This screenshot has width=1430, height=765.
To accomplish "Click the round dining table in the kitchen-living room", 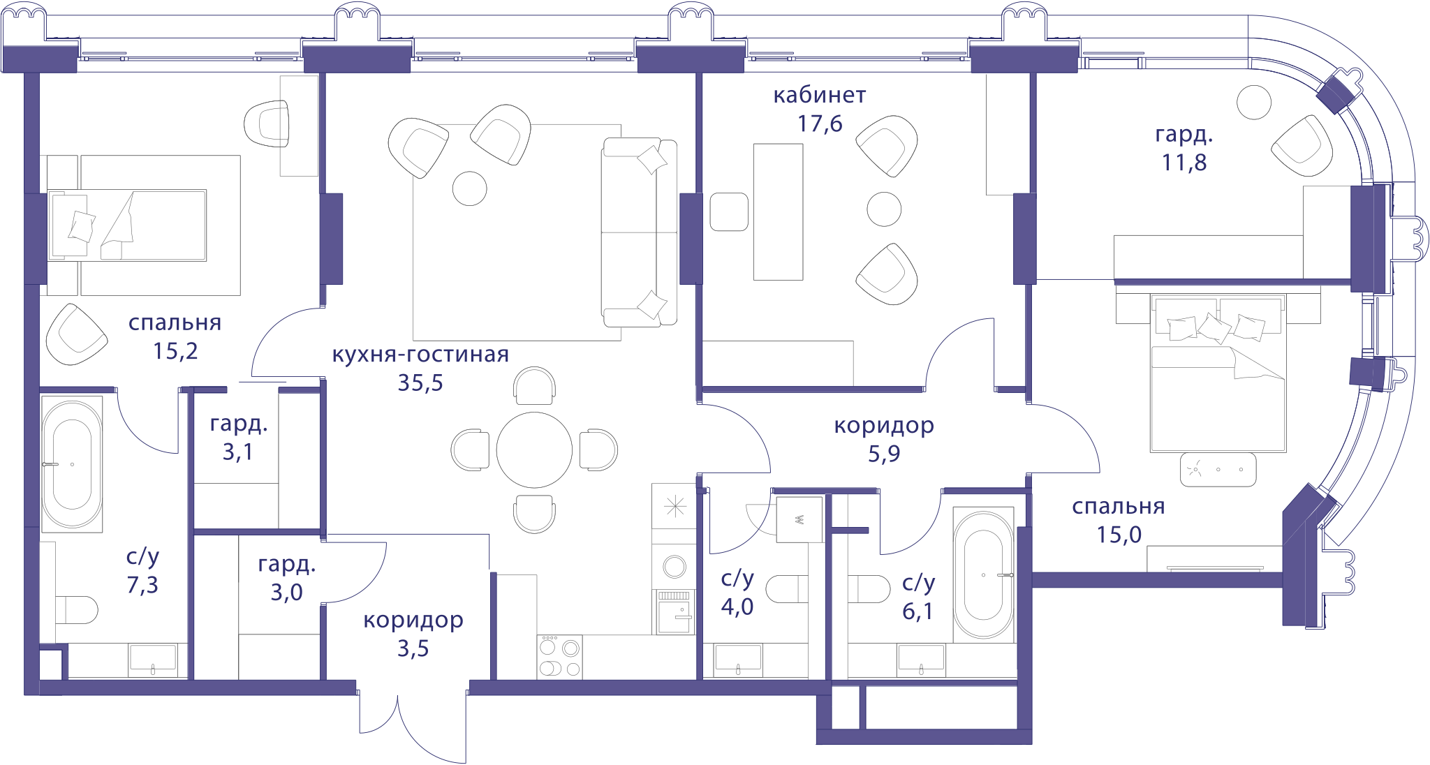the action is click(534, 450).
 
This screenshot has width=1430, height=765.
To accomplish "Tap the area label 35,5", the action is click(420, 382).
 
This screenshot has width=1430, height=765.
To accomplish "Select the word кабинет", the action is click(820, 95).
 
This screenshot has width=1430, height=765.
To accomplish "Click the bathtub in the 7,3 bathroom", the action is click(72, 463).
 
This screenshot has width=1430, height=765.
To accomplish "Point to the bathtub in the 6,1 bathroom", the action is click(983, 574).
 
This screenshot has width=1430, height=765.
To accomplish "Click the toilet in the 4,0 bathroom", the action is click(787, 588).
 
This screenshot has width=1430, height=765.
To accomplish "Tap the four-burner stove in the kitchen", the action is click(559, 657).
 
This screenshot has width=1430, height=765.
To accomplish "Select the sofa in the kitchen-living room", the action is click(639, 232).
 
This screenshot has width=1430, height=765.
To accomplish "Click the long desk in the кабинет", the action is click(778, 212).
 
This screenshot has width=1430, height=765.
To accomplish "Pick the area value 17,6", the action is click(820, 124).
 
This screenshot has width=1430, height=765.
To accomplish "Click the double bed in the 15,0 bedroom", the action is click(1218, 373).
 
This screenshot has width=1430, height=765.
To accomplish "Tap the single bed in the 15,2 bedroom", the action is click(127, 225).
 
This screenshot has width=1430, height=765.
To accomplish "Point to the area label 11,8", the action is click(1184, 163).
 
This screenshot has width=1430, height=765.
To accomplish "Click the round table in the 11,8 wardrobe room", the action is click(1254, 103).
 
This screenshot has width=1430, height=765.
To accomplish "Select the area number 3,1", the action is click(238, 452).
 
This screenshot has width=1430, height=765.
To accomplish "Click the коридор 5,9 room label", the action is click(884, 439).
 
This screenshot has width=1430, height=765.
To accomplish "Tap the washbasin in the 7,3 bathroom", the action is click(152, 660).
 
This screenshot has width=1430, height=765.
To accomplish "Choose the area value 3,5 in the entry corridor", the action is click(413, 648).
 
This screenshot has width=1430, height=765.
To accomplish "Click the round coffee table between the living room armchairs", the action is click(470, 188).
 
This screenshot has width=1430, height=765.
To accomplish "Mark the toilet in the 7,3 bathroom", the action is click(76, 609).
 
